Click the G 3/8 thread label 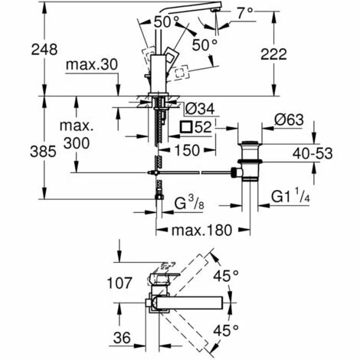point(191,204)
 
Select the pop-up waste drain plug point(250,156)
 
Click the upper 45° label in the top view point(247,275)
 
